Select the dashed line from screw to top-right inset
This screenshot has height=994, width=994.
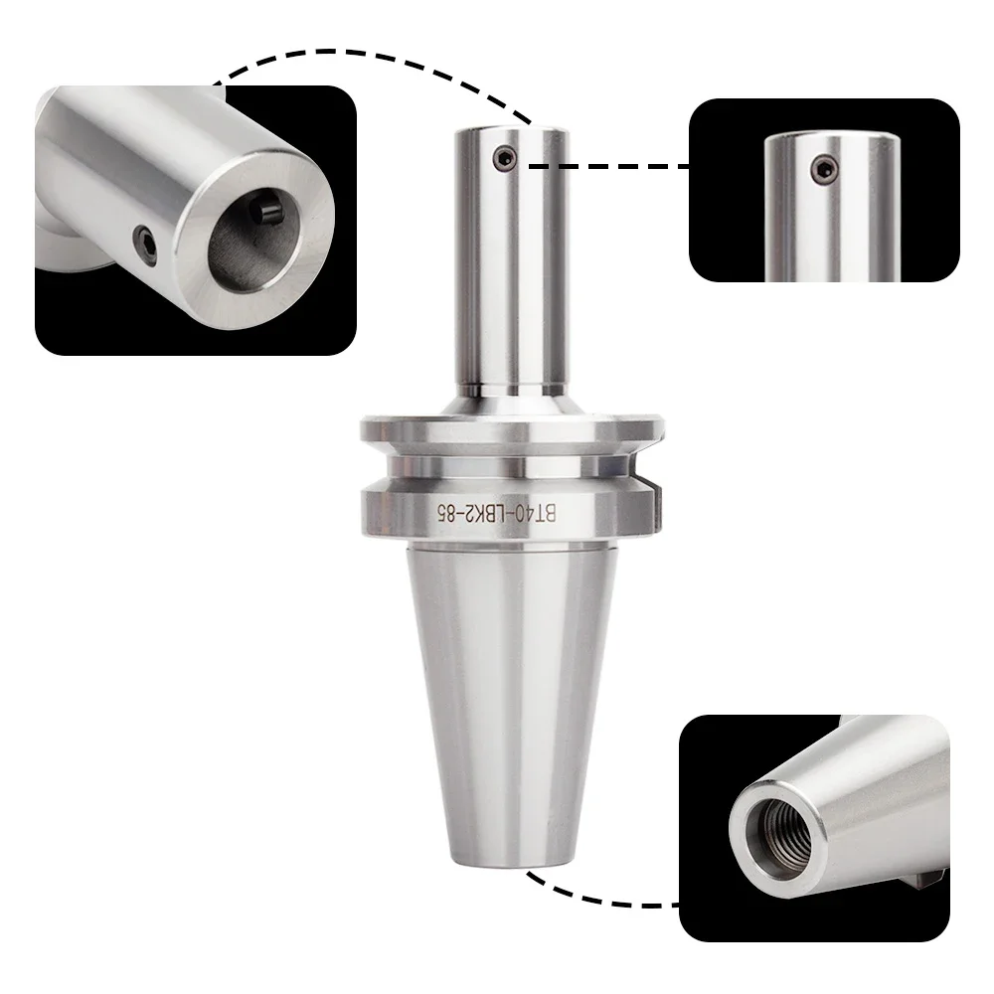tap(606, 166)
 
